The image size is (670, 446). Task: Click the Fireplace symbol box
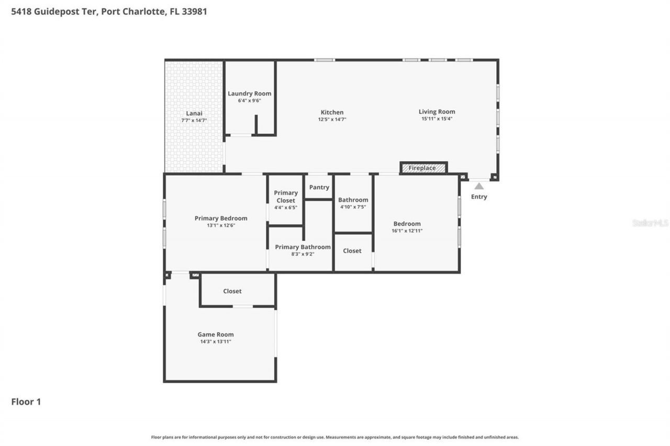point(423,168)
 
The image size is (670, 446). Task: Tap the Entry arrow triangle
point(479,186)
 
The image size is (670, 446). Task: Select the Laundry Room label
point(249,94)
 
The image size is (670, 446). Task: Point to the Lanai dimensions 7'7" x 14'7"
point(194,121)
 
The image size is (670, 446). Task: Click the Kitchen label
point(332,112)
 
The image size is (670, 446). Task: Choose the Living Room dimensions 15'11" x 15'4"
point(437,119)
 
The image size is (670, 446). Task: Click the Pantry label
point(319,187)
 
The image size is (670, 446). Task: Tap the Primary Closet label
point(286,197)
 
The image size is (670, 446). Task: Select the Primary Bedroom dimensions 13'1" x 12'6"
point(221,225)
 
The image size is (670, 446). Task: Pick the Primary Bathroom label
point(303,247)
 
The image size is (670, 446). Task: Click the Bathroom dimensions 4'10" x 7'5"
point(353,207)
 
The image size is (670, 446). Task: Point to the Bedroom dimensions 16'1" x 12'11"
point(407,231)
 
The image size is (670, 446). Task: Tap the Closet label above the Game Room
point(232,291)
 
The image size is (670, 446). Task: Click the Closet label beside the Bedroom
point(352,251)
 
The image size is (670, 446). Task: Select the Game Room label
point(216,335)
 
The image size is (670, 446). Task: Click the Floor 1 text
point(26,402)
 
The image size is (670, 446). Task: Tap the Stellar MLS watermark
point(650,223)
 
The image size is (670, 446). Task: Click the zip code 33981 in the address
point(195,11)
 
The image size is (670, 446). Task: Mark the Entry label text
point(479,197)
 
